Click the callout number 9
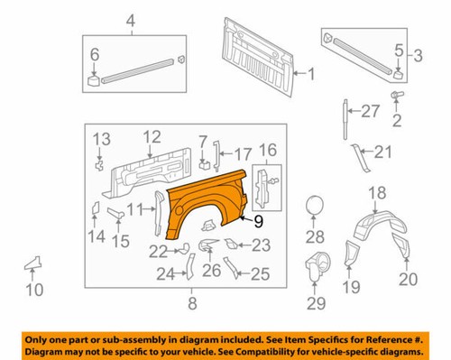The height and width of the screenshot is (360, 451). (257, 219)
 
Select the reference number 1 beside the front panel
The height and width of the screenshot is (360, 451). (311, 74)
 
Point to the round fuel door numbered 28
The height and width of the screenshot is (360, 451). (316, 206)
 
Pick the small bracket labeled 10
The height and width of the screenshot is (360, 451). (33, 263)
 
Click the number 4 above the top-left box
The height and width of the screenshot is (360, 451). (130, 20)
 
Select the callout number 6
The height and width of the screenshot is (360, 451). (94, 56)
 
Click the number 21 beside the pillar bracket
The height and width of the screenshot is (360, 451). (383, 151)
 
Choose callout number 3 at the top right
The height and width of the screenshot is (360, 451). (416, 56)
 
